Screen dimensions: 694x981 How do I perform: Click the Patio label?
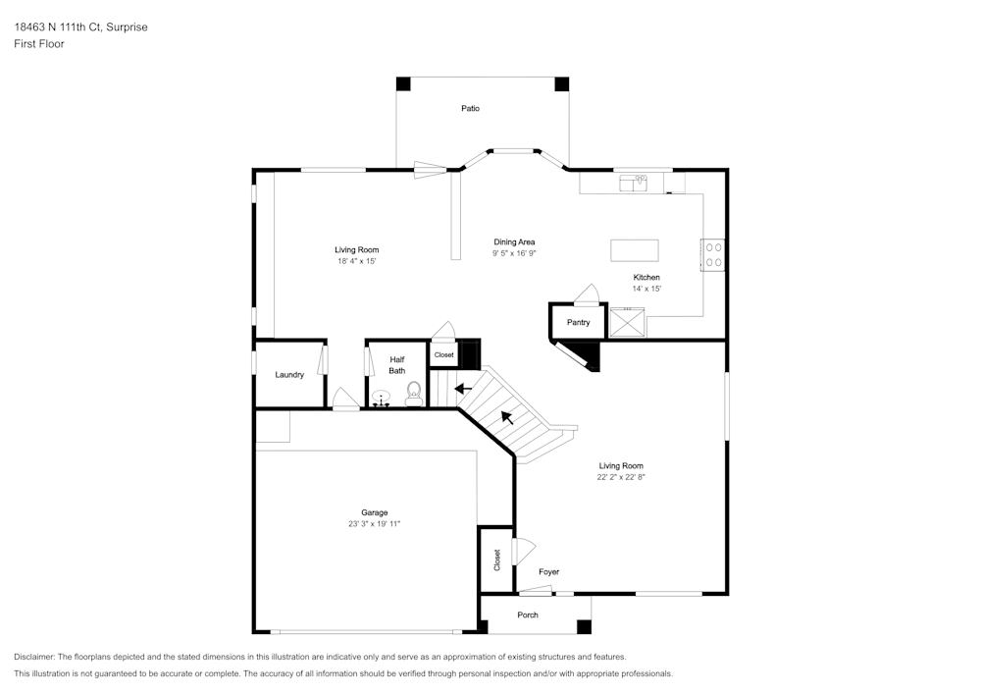(x=471, y=108)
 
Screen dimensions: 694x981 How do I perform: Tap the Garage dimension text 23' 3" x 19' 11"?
(x=374, y=524)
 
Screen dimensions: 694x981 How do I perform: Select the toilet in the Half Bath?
(x=414, y=395)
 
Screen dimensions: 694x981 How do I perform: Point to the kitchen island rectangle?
(x=634, y=250)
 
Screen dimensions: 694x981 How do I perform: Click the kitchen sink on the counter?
(x=634, y=182)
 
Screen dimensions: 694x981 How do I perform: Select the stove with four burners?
(x=712, y=255)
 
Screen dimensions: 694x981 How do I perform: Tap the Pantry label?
(x=578, y=322)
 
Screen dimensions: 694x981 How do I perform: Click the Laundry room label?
(x=289, y=375)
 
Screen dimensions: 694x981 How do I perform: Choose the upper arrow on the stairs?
(x=463, y=389)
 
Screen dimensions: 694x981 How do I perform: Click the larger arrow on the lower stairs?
(x=507, y=417)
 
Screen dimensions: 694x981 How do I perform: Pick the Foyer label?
(x=548, y=571)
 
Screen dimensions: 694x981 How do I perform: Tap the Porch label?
(x=528, y=615)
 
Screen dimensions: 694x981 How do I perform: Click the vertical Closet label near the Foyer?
(x=497, y=560)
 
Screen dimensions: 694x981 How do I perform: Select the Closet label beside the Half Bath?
(x=443, y=354)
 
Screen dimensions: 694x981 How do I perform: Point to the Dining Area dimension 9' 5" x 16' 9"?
(x=514, y=253)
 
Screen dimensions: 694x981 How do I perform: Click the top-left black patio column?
(x=403, y=84)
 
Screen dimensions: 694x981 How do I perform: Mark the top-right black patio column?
(x=561, y=84)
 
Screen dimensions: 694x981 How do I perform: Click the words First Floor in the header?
(x=39, y=44)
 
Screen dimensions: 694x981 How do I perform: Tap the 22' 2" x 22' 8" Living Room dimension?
(x=621, y=477)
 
